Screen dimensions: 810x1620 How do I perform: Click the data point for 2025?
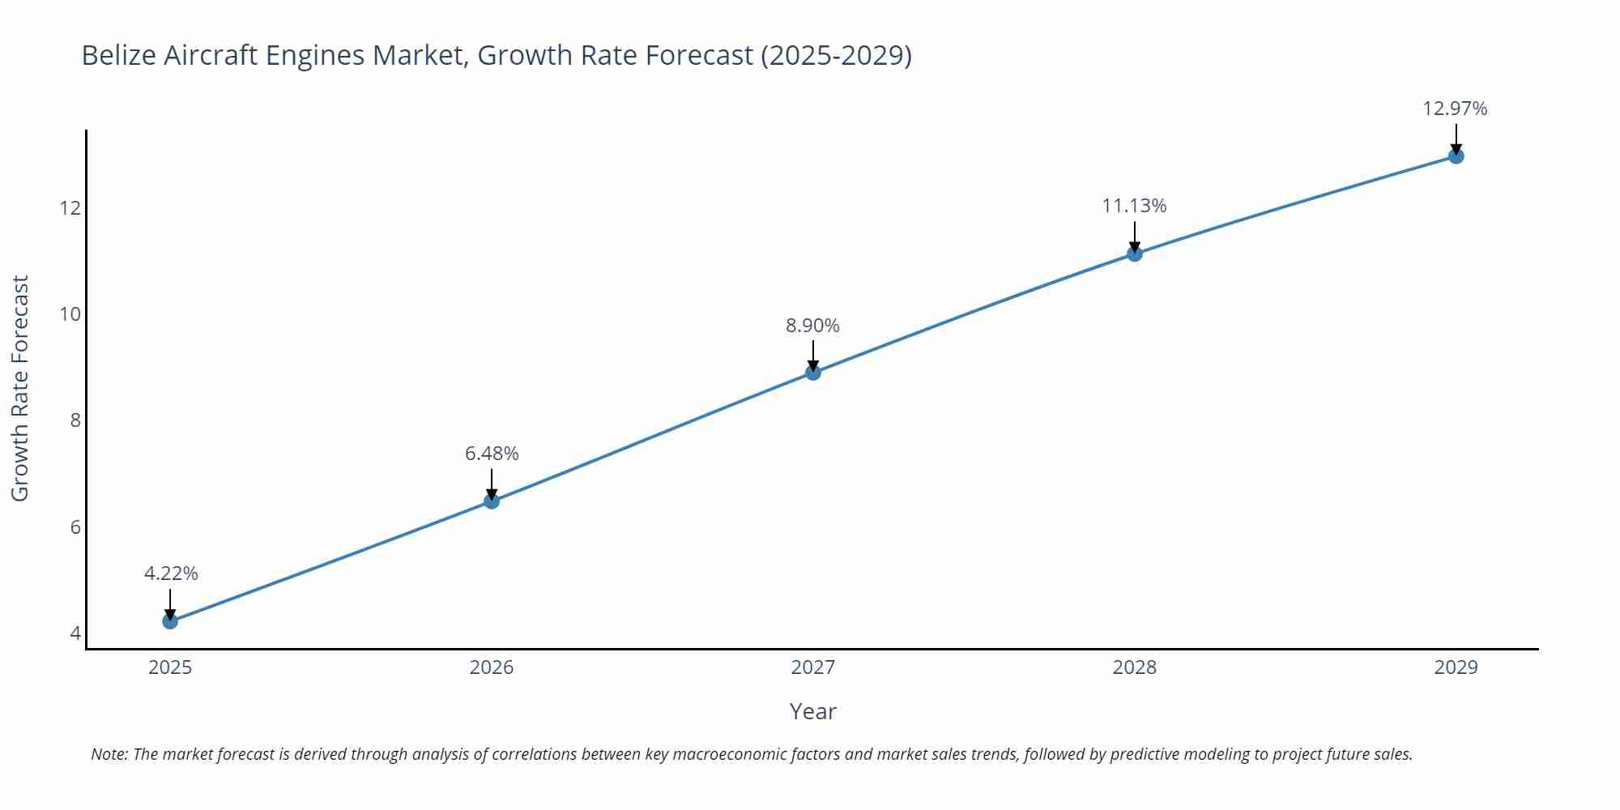click(x=170, y=621)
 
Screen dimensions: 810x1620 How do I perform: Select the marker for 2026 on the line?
click(x=492, y=501)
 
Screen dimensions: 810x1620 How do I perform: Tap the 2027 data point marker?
click(x=813, y=373)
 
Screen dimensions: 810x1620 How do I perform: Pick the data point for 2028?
click(x=1135, y=254)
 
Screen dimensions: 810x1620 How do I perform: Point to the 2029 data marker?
click(x=1456, y=156)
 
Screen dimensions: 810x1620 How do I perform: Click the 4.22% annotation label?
click(x=171, y=573)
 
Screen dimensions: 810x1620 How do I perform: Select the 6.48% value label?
click(x=492, y=454)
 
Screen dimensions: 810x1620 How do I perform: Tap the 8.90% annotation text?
click(x=812, y=326)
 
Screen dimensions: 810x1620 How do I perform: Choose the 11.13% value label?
click(x=1134, y=206)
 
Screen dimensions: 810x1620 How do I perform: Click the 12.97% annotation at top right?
click(x=1455, y=109)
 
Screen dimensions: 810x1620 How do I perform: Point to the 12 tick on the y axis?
click(x=70, y=208)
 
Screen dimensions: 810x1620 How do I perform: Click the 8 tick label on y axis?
click(x=75, y=420)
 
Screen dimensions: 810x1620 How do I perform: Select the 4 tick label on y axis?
click(x=75, y=633)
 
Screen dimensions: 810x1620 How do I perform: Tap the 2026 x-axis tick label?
click(x=492, y=667)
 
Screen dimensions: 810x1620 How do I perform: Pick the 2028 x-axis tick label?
click(x=1134, y=667)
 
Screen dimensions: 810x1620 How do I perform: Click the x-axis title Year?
click(x=812, y=711)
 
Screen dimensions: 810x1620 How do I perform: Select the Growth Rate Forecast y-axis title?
click(x=20, y=388)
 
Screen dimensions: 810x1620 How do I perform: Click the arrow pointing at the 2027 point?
click(x=813, y=354)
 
